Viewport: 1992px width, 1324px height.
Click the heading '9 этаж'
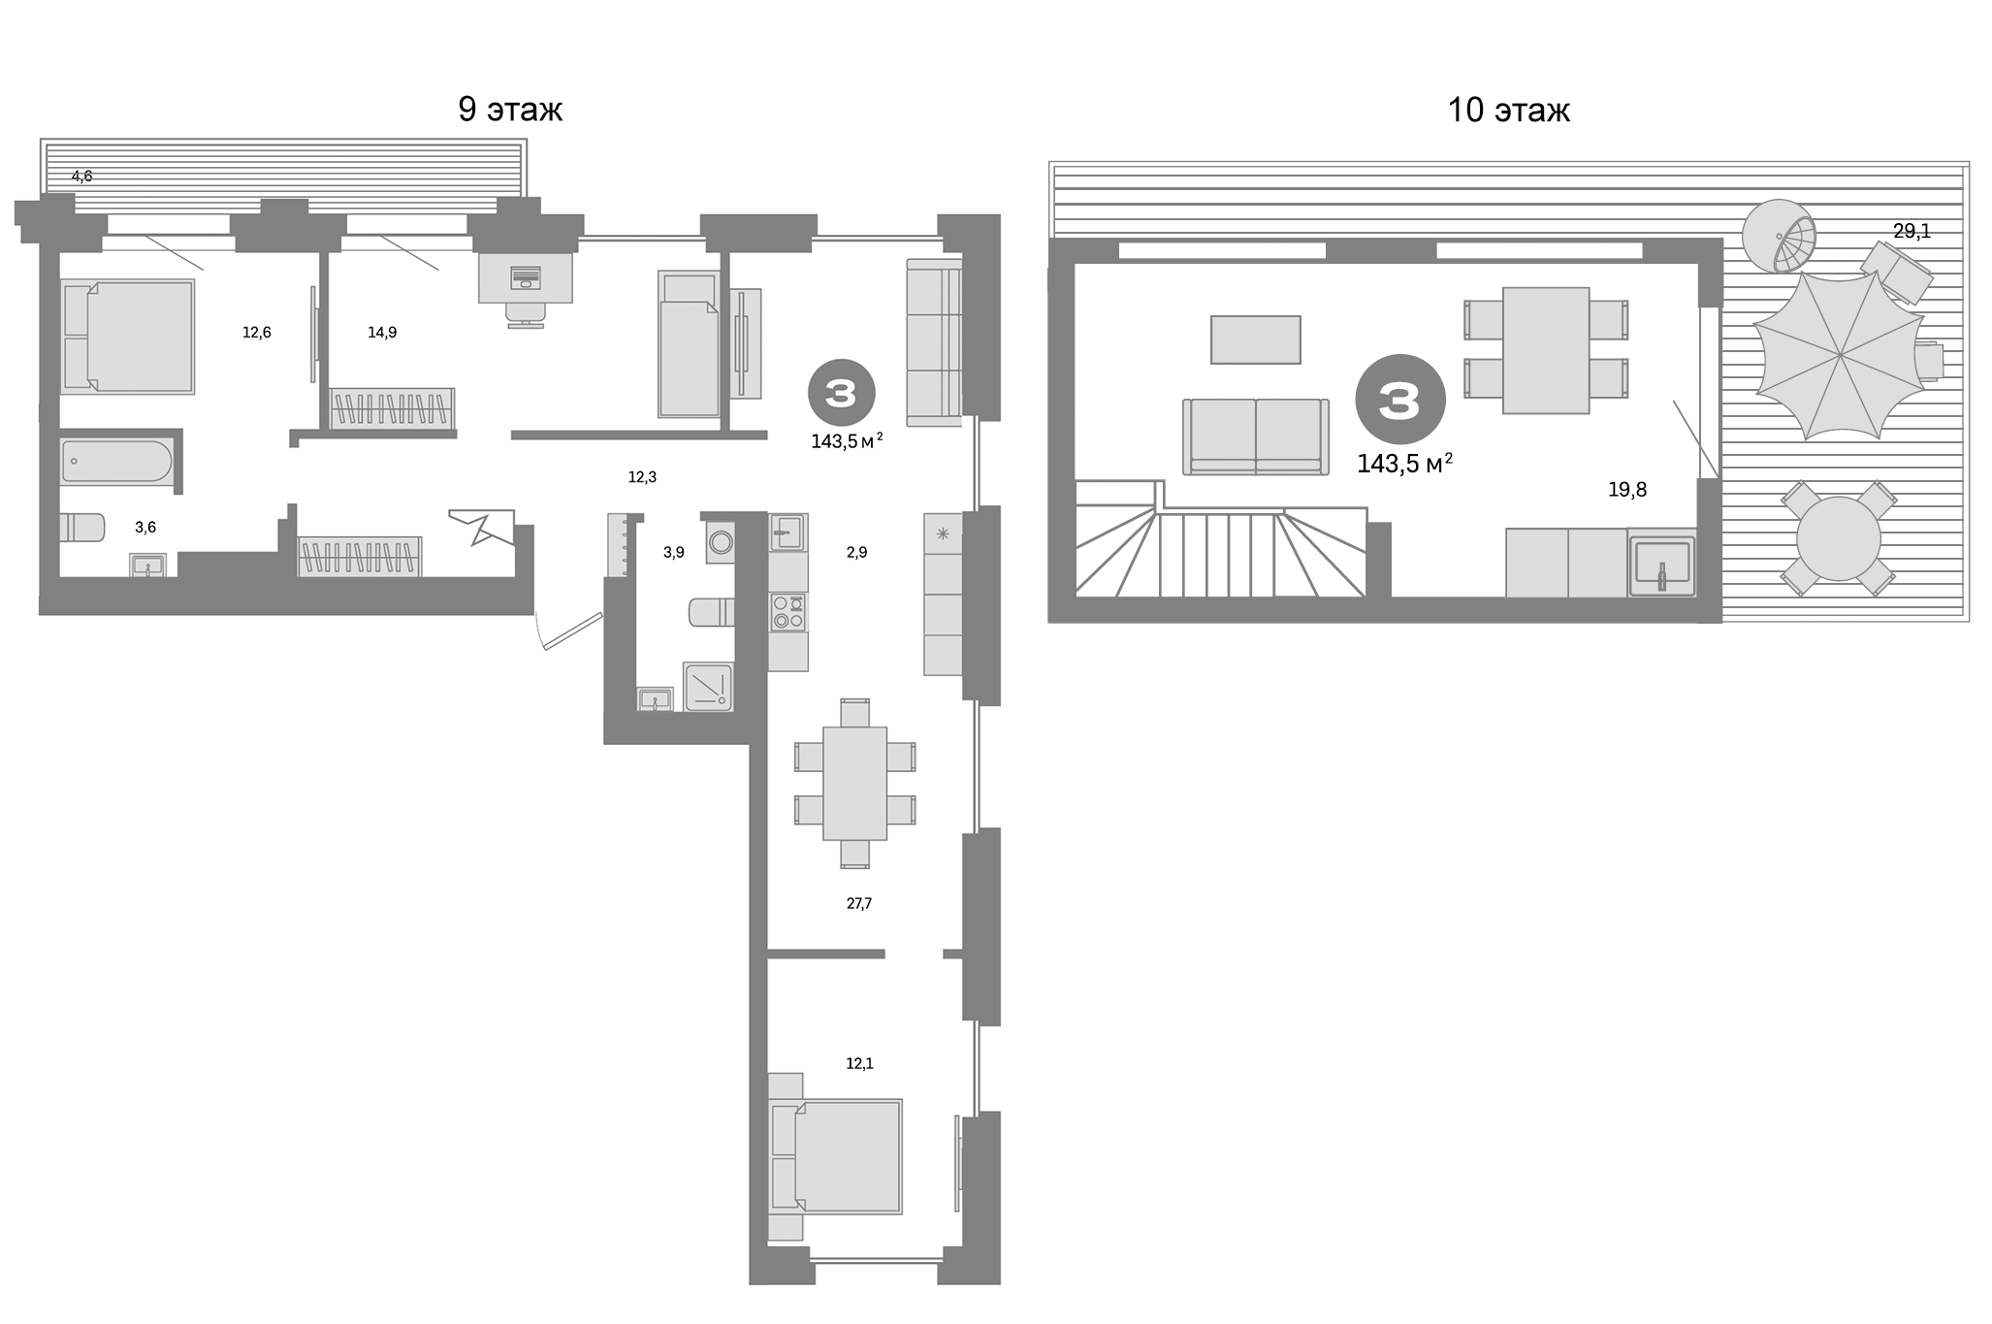[510, 111]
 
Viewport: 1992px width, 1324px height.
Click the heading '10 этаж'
[1508, 111]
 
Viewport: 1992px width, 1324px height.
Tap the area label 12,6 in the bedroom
[256, 333]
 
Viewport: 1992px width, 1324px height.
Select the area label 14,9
[382, 333]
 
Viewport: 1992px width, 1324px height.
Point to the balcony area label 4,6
[81, 177]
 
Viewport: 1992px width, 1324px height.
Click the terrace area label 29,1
[1912, 231]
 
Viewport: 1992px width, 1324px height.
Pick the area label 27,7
[858, 903]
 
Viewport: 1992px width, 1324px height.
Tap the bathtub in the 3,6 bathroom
[116, 462]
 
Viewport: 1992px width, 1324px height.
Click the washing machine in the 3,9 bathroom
[721, 543]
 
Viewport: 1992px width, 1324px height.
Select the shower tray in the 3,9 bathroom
[708, 687]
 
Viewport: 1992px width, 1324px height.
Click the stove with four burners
[787, 612]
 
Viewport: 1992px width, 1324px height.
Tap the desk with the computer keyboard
[525, 277]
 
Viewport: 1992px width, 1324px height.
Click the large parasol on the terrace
[1840, 356]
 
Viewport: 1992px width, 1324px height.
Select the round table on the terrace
[1838, 538]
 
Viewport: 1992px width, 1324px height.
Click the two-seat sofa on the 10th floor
[1255, 436]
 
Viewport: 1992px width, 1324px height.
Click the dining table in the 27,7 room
[854, 783]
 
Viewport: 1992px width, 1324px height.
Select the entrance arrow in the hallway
[482, 526]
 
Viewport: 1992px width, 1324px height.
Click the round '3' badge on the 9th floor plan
[841, 393]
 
